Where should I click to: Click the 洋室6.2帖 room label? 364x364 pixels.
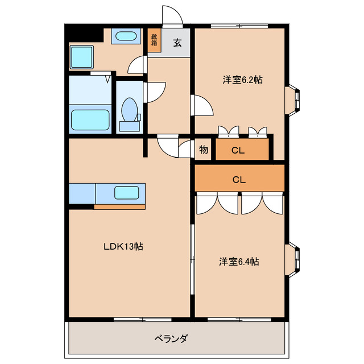click(242, 80)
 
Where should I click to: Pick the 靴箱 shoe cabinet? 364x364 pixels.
click(154, 41)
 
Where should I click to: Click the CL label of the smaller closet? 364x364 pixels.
click(238, 151)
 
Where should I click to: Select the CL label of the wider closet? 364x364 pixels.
click(239, 179)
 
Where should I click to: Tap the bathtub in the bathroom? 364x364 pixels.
click(90, 120)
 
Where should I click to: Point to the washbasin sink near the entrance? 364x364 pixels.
click(125, 38)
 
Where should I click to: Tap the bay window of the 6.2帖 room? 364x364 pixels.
click(295, 99)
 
